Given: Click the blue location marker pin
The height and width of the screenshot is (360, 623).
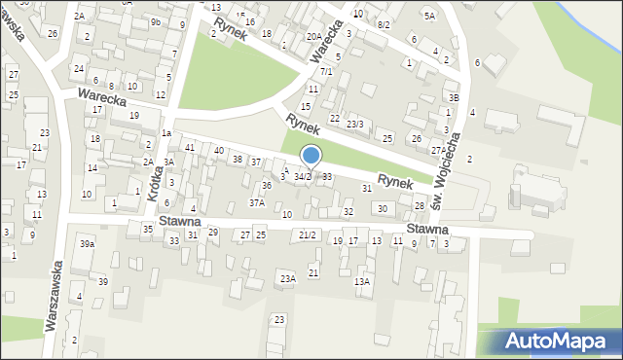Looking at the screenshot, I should click(x=311, y=156).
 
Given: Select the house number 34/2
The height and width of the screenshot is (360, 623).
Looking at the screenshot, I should click(x=303, y=176).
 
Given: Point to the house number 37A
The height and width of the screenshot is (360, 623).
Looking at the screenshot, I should click(x=256, y=203).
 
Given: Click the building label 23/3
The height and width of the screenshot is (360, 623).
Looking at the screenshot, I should click(x=355, y=124).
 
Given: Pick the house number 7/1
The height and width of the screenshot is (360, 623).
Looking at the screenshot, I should click(x=327, y=71).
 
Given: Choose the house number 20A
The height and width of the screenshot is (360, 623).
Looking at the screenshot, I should click(x=313, y=36).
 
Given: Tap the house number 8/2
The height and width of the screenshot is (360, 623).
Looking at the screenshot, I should click(x=384, y=24).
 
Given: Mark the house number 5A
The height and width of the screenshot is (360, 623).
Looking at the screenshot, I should click(x=429, y=16).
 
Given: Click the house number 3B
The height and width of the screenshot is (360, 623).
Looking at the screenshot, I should click(x=453, y=97).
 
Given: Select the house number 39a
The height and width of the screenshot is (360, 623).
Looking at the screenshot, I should click(x=88, y=243).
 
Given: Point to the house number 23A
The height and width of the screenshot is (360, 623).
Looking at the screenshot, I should click(x=287, y=278).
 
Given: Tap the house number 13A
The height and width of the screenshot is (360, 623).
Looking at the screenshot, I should click(x=362, y=281).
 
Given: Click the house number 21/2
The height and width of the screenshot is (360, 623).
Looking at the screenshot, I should click(x=308, y=235).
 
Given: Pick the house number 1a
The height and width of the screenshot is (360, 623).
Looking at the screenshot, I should click(x=166, y=132).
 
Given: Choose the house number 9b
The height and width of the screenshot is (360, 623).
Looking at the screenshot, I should click(x=156, y=21).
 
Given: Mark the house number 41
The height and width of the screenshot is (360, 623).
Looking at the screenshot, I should click(x=191, y=147).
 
